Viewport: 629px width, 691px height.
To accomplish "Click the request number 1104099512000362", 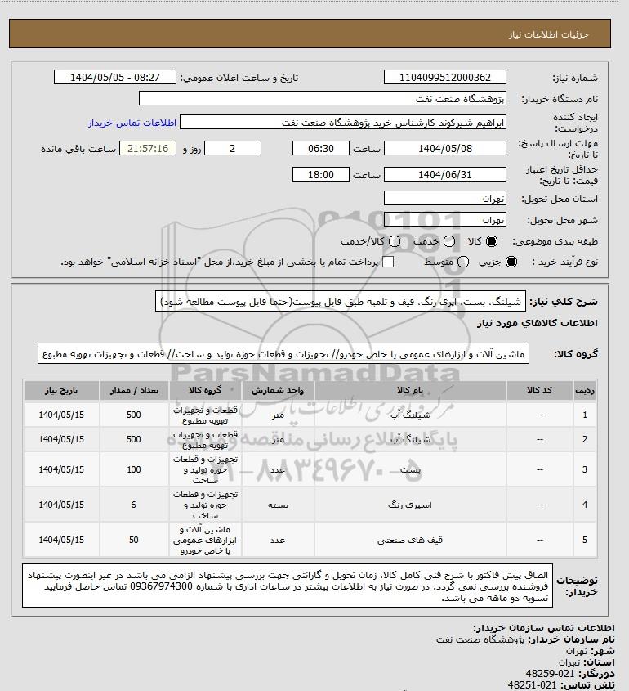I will [x=444, y=78].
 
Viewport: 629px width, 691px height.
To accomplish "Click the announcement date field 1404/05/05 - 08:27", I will [x=114, y=78].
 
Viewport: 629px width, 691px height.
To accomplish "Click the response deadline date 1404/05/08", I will [x=444, y=148].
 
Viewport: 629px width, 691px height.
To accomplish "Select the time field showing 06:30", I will [x=321, y=148].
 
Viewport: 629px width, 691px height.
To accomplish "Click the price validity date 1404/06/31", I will [x=444, y=174].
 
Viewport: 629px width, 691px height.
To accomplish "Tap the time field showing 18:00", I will [x=321, y=174].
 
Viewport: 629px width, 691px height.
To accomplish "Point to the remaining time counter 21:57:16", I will [x=148, y=148].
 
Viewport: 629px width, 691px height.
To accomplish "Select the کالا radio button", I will [x=492, y=242].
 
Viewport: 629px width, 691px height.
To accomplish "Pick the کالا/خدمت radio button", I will [x=395, y=242].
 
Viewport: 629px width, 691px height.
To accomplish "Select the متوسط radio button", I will [x=464, y=262].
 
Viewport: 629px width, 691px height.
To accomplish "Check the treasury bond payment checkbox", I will [x=389, y=262].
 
